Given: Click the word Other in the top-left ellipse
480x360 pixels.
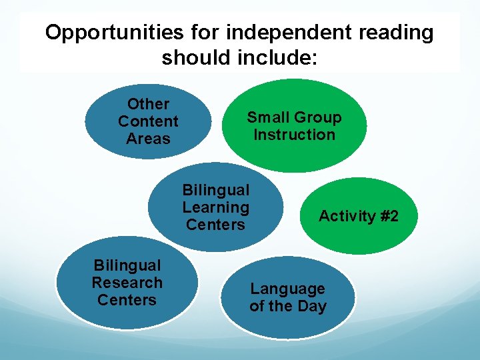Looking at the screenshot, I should pos(148,104).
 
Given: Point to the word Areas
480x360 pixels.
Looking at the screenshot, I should pos(148,139).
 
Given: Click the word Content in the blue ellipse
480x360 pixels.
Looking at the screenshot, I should pos(148,121).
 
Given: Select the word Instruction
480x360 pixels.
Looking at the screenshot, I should pos(294,135).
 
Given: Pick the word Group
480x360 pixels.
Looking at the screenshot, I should pos(317,117).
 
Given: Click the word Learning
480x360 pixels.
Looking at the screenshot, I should pos(215,207).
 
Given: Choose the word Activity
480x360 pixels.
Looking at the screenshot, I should pos(347,216).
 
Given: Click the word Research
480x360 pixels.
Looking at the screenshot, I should pos(127,283).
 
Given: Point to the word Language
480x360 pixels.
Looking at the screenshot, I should pos(287,289).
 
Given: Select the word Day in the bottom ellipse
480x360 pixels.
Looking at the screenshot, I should pos(313,307).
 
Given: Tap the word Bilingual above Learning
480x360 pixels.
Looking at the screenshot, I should pos(215,190).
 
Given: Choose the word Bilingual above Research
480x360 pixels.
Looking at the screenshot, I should pos(127,265).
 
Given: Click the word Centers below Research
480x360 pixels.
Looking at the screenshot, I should pos(127,300).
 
